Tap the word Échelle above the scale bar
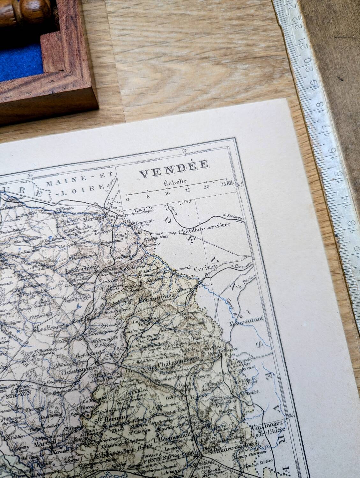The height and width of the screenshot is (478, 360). tap(174, 183)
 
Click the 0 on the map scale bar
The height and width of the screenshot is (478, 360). tap(128, 199)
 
